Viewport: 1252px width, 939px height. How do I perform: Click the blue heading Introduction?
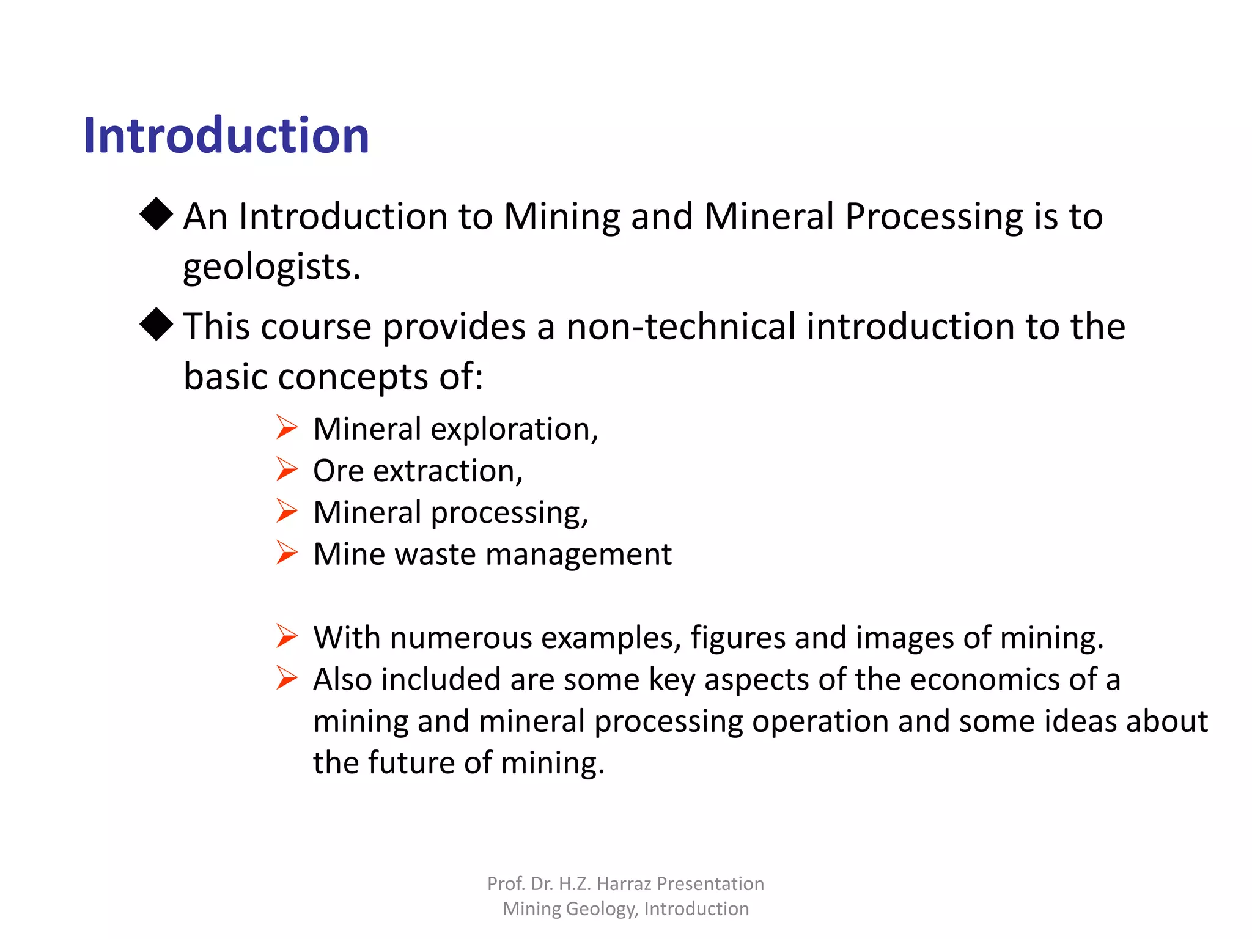(226, 135)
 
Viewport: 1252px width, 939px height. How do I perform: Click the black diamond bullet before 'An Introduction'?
(156, 214)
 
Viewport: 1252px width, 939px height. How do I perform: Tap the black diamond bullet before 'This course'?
(156, 324)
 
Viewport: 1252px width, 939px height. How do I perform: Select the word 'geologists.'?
(272, 267)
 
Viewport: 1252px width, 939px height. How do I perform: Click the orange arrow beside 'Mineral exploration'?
(286, 427)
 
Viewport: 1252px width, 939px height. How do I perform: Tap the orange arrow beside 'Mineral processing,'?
(286, 510)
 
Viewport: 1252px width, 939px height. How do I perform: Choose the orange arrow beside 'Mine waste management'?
(286, 553)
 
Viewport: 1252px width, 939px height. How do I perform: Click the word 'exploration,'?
(514, 429)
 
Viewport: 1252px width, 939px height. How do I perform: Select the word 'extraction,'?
(448, 471)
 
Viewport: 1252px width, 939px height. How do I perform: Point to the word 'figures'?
(737, 638)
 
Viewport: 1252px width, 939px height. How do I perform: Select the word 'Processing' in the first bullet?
(933, 216)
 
